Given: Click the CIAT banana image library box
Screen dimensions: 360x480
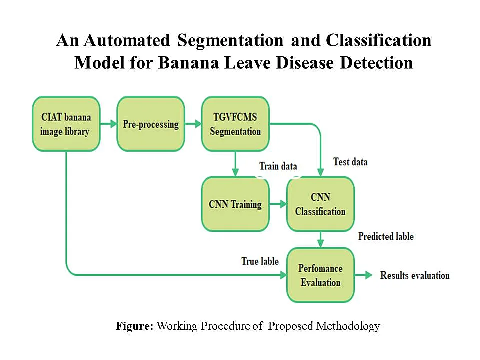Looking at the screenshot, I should coord(66,124).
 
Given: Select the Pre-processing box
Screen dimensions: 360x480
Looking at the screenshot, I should coord(151,124).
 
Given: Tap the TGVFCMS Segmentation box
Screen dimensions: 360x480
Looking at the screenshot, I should coord(235,124).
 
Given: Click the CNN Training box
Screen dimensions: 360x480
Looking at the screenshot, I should coord(235,204).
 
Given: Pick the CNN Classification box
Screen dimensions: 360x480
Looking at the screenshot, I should coord(320,204).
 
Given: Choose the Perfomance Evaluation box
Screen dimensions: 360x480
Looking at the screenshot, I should coord(320,275).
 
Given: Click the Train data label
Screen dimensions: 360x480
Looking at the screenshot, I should coord(278,166).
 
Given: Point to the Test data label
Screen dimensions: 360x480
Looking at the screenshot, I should coord(350,162).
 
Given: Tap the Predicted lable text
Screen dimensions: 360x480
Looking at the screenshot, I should coord(386,236).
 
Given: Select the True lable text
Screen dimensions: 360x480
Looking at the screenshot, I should coord(260,261).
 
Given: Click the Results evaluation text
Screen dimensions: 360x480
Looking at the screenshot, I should coord(415,275).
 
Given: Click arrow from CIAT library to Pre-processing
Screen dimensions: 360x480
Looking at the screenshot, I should coord(108,124).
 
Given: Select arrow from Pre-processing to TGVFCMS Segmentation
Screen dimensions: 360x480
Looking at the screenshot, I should coord(193,124).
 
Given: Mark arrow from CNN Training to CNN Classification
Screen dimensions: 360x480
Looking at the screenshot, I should coord(278,204).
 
